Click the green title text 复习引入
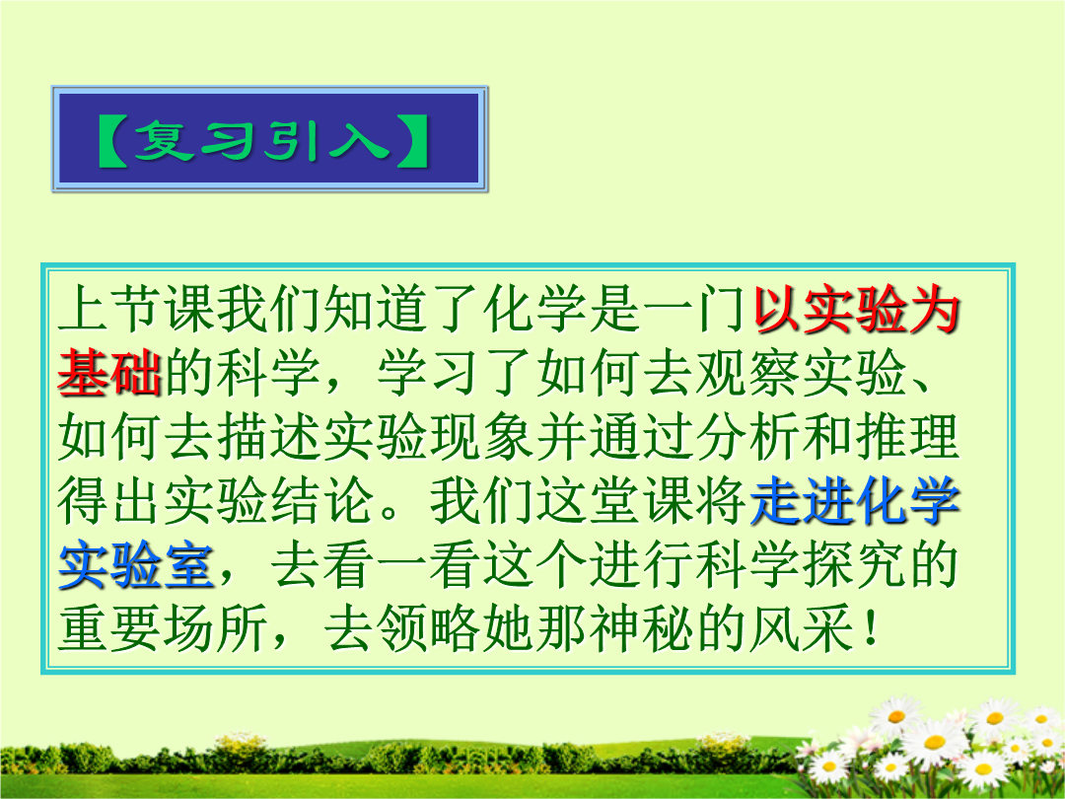261,141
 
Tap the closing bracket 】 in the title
412,141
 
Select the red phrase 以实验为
857,311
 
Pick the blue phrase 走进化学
856,502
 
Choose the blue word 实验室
136,566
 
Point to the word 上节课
136,311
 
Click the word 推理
908,438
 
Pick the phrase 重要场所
163,628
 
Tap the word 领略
429,628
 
